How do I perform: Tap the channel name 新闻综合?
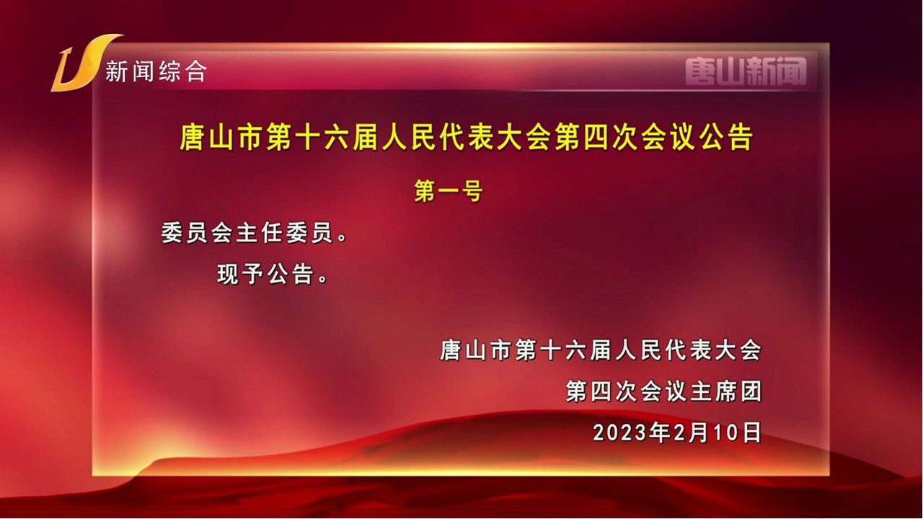click(156, 71)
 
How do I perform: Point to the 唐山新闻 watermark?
click(746, 71)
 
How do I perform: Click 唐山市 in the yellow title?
click(221, 137)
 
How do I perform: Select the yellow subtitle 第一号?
click(449, 191)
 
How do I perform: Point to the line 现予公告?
click(272, 274)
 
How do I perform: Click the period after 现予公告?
click(323, 279)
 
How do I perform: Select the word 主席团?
click(726, 391)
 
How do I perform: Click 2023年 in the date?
click(631, 432)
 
